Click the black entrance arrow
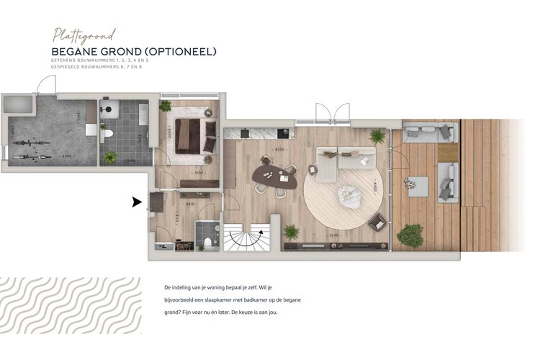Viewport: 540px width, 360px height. coord(136,203)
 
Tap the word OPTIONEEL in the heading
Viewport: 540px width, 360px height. coord(179,52)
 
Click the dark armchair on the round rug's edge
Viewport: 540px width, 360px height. coord(377,224)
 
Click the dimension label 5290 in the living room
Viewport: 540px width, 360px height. coord(333,235)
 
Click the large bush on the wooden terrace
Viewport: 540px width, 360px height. coord(410,235)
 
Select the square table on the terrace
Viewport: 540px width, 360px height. coord(418,186)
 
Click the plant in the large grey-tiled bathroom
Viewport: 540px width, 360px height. coord(110,157)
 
